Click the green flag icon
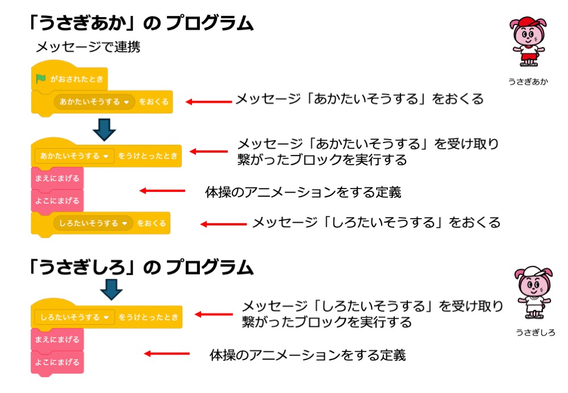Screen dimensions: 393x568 tap(41, 79)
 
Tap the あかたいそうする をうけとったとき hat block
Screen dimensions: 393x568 tap(108, 155)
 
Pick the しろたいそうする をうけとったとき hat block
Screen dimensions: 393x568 tap(108, 317)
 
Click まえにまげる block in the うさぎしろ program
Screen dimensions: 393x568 tap(57, 340)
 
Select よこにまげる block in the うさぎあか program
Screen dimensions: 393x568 tap(57, 200)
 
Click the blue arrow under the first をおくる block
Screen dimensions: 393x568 tap(103, 128)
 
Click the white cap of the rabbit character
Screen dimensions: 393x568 tap(529, 272)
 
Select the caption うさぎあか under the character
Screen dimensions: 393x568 tap(528, 81)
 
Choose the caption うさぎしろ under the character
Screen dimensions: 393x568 tap(535, 333)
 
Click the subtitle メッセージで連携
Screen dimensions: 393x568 tap(87, 47)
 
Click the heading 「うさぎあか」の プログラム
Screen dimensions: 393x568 tap(141, 23)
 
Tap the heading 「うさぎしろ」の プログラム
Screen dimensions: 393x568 tap(141, 267)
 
